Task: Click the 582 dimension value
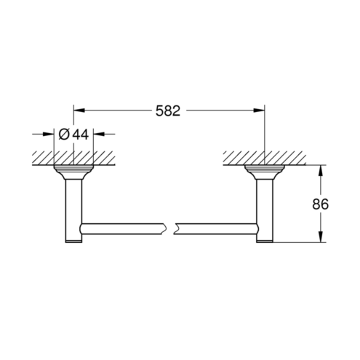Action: (x=168, y=111)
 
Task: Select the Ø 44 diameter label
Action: (x=73, y=134)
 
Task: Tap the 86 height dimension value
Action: (x=320, y=204)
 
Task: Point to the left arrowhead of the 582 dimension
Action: (x=79, y=111)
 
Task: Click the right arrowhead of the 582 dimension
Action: (x=259, y=111)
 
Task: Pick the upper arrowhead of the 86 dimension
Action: (x=321, y=171)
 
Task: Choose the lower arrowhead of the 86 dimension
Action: (x=321, y=236)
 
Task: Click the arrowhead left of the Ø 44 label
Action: (x=48, y=134)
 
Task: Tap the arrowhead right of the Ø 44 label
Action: (x=99, y=134)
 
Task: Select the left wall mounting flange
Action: (x=73, y=172)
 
